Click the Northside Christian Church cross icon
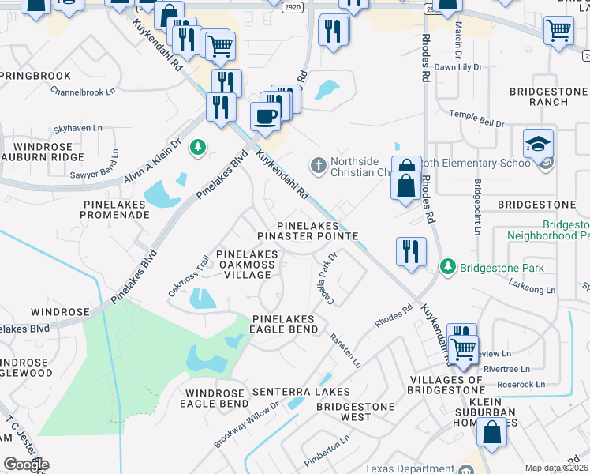pyautogui.click(x=318, y=165)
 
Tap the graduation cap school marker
pyautogui.click(x=538, y=145)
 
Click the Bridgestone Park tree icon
pyautogui.click(x=448, y=266)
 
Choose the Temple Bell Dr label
pyautogui.click(x=476, y=118)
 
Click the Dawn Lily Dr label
pyautogui.click(x=457, y=67)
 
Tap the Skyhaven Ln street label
pyautogui.click(x=78, y=127)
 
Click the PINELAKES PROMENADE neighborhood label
pyautogui.click(x=115, y=209)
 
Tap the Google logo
pyautogui.click(x=25, y=465)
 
